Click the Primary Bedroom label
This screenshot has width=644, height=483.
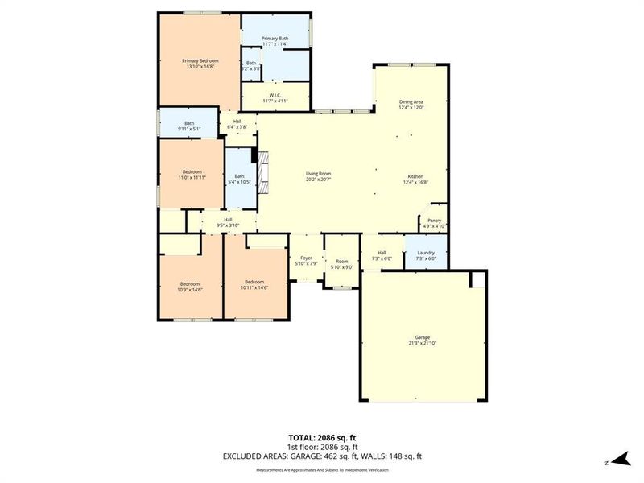200,63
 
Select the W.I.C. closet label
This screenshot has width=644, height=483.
276,97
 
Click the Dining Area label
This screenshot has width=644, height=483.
411,105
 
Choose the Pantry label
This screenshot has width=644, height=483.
434,223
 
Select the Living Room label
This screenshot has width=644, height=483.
318,176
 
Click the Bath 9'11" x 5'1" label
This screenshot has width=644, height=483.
188,126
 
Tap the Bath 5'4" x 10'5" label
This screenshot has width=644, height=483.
239,180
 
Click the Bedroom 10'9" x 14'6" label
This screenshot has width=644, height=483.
190,286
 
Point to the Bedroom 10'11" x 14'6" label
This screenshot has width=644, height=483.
254,284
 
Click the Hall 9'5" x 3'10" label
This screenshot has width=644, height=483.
228,222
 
